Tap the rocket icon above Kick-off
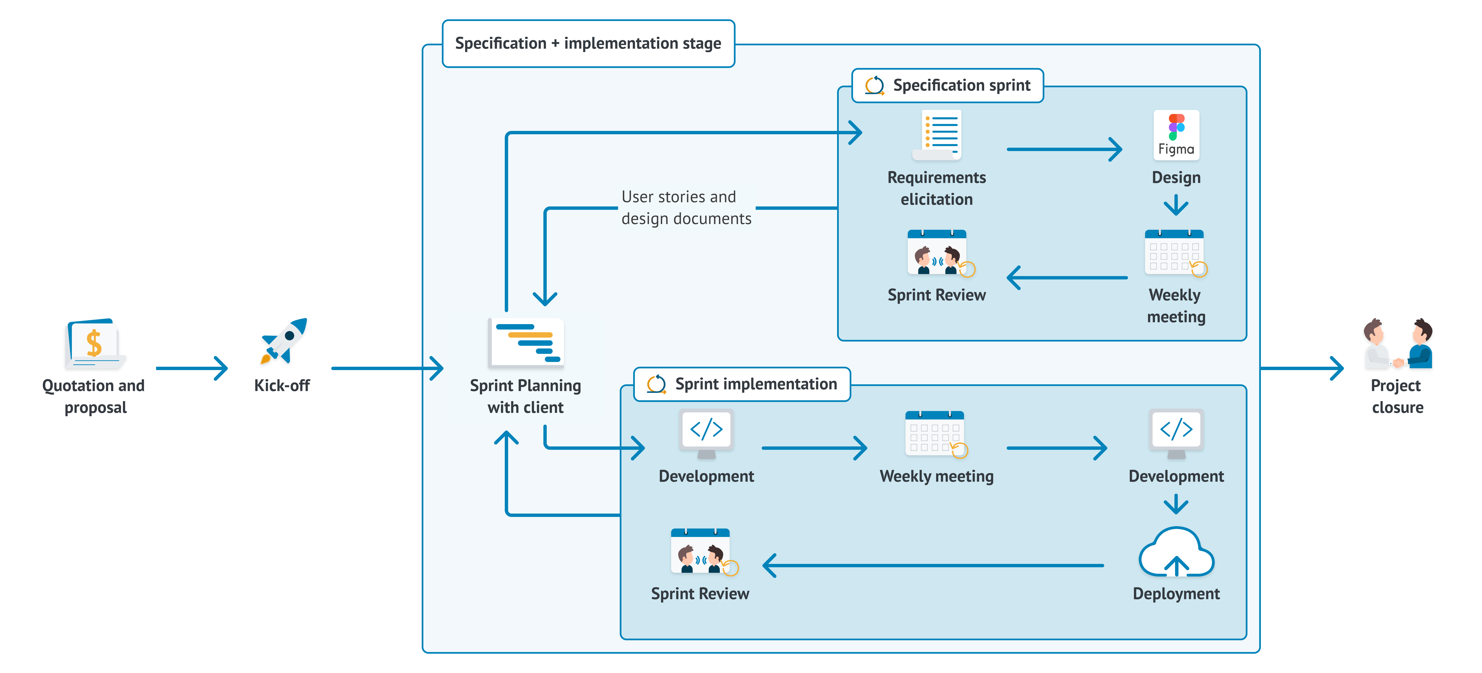click(284, 340)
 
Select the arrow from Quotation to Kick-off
click(193, 368)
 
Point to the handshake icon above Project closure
click(1397, 344)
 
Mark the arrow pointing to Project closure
click(1303, 368)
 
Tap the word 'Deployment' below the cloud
click(1176, 594)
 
